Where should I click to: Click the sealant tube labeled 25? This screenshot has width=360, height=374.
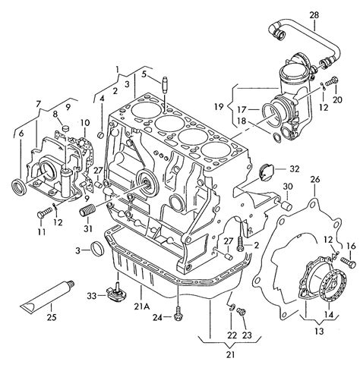[47, 297]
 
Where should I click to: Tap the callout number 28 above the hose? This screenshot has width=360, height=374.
[314, 15]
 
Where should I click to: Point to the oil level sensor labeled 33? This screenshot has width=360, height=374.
[117, 294]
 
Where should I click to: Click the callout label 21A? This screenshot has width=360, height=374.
[142, 306]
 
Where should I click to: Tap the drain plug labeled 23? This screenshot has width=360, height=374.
[241, 312]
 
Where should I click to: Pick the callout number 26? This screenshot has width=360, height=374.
[315, 180]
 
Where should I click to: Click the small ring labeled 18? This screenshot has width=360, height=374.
[277, 138]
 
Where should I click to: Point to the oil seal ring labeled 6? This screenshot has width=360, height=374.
[19, 186]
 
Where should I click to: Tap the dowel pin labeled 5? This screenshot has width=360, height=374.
[165, 85]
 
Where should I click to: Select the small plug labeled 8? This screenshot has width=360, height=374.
[65, 128]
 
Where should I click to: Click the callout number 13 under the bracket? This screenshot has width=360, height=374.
[320, 331]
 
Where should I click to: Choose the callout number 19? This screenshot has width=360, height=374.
[219, 106]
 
